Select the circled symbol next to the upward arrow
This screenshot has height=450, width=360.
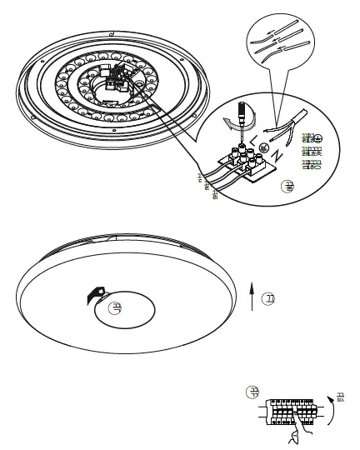[x=268, y=297]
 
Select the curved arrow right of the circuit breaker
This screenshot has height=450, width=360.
[x=332, y=410]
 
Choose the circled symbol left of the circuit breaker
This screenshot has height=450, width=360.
[x=252, y=392]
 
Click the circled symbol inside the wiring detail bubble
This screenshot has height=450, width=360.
[x=289, y=186]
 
